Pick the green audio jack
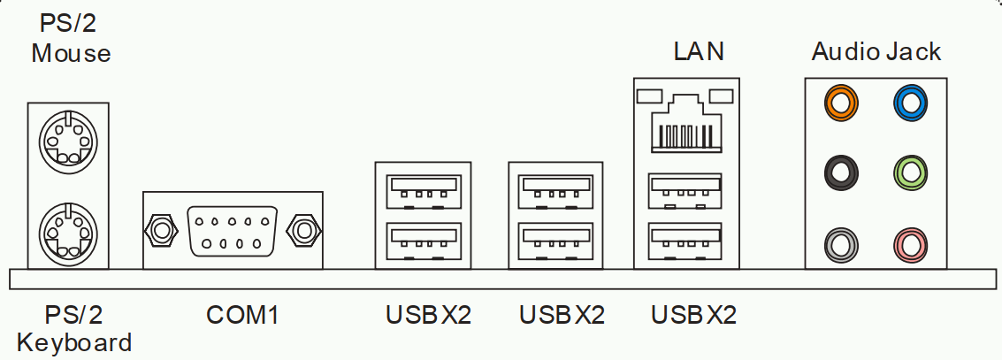tap(910, 171)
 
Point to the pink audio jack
tap(910, 241)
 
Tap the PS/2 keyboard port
tap(68, 231)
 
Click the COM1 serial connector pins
tap(233, 231)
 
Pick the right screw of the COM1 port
tap(304, 231)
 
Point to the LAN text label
tap(699, 51)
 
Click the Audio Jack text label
tap(876, 51)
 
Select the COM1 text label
tap(242, 314)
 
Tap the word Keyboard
tap(75, 342)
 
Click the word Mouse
tap(71, 53)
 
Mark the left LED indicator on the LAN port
tap(650, 95)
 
